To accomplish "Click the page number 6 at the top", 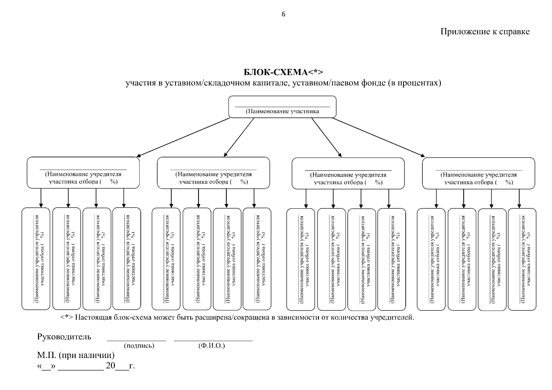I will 283,14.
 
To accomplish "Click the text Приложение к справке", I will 485,32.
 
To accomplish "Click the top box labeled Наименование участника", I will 282,107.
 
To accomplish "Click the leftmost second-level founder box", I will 83,173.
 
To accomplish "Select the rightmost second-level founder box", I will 478,173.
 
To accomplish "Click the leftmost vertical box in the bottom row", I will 36,259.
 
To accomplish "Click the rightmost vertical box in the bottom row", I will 522,259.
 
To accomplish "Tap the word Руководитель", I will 64,337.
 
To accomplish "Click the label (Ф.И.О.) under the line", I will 211,346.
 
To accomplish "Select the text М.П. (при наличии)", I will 76,355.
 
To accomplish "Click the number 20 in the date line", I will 110,366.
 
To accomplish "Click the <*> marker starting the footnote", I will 67,317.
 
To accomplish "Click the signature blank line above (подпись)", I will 137,340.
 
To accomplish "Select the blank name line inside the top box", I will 282,106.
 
